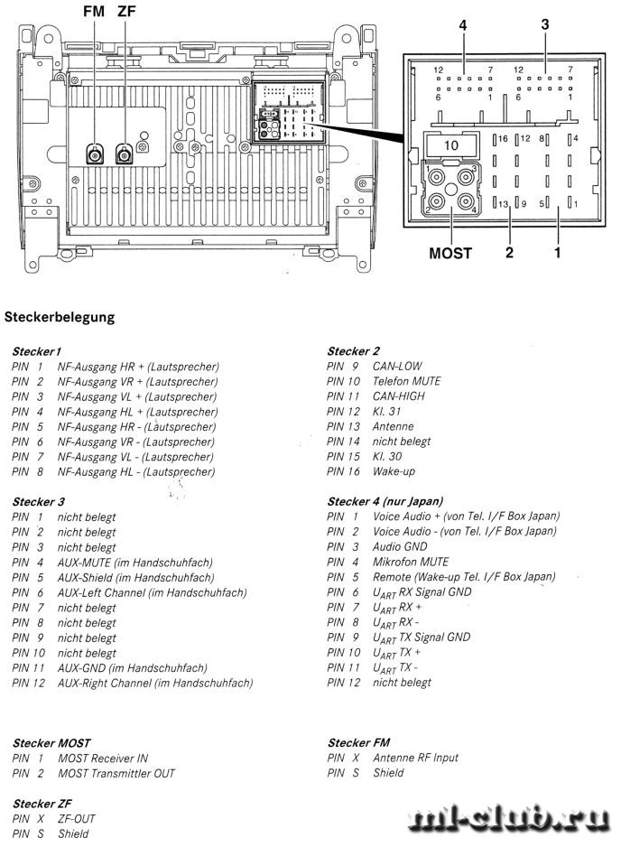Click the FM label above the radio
pos(94,11)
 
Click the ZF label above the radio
pos(126,11)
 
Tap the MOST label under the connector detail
pos(450,253)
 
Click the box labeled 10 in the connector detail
pos(451,144)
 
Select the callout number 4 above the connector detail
pos(463,25)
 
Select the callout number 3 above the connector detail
pos(545,24)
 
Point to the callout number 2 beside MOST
pos(509,252)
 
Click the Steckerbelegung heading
pos(60,317)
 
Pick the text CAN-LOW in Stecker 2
pos(397,366)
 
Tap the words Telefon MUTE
pos(406,381)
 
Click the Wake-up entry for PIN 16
pos(394,471)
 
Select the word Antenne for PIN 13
pos(394,426)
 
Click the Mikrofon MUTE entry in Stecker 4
pos(411,562)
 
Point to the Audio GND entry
pos(400,546)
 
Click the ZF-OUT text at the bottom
pos(77,819)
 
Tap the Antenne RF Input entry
pos(415,758)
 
